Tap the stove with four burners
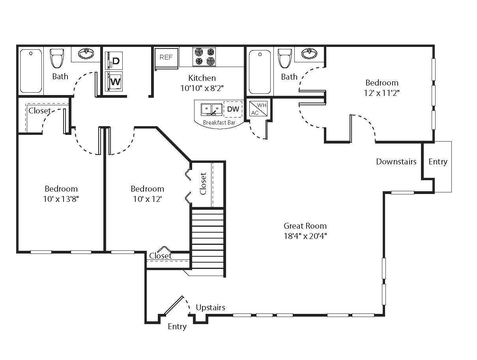tap(204, 57)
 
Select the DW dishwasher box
tap(233, 109)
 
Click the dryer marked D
tap(115, 61)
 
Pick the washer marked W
tap(115, 82)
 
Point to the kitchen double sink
tap(212, 109)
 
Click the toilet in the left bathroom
tap(57, 58)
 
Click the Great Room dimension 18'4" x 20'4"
tap(305, 236)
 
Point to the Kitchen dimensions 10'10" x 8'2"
tap(202, 88)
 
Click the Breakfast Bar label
tap(219, 123)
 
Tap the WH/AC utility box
tap(259, 108)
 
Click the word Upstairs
tap(211, 308)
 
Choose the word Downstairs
tap(396, 162)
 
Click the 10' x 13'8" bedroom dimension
tap(61, 199)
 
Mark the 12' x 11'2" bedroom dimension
tap(382, 93)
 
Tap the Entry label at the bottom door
tap(177, 326)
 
